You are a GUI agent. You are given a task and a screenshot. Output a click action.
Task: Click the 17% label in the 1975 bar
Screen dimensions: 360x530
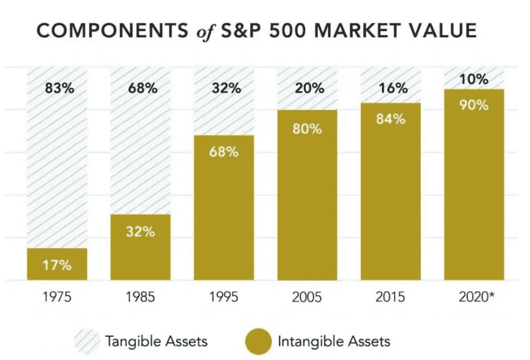(57, 265)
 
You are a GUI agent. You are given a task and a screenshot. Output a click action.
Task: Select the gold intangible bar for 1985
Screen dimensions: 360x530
(140, 247)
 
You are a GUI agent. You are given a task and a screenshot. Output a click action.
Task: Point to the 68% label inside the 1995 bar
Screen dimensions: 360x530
(224, 151)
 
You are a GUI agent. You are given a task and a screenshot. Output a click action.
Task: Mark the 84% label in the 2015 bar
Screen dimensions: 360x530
(390, 119)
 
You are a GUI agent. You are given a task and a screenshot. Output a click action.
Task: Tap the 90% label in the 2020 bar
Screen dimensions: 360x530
(474, 105)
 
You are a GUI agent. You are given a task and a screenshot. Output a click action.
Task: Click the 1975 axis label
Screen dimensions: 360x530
(57, 298)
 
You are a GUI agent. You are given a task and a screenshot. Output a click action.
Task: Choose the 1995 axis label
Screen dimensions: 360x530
(224, 298)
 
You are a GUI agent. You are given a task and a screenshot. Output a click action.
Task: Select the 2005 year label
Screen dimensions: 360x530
(307, 298)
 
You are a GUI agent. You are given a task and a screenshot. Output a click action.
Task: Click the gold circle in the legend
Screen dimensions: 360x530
(259, 341)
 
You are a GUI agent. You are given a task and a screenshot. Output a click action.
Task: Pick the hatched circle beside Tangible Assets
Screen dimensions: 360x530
(87, 341)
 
